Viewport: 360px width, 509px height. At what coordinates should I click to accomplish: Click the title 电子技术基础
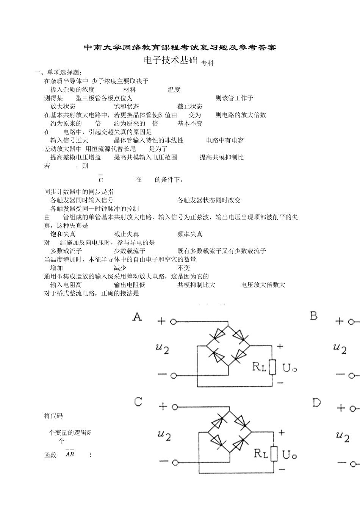point(171,61)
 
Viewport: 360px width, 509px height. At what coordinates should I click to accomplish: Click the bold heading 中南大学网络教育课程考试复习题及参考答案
point(180,48)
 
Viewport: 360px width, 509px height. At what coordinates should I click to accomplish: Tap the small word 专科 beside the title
point(207,64)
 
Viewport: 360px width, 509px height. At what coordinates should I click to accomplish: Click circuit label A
point(137,317)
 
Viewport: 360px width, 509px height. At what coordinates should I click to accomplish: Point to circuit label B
point(314,315)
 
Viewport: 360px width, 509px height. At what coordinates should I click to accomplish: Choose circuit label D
point(316,403)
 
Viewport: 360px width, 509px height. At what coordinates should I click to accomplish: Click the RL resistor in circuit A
point(272,367)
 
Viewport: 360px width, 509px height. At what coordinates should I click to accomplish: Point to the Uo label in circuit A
point(290,367)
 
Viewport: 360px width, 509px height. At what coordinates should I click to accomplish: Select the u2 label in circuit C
point(164,435)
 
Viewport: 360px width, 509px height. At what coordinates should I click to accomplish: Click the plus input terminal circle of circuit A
point(174,322)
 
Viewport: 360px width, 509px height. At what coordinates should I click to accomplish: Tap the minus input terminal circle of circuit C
point(175,463)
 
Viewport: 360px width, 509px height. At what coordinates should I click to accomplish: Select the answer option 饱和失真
point(63,234)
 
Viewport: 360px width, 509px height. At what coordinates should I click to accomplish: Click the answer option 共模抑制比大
point(196,285)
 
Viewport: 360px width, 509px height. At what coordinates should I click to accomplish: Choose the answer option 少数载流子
point(130,251)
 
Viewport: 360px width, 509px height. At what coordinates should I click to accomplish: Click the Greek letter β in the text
point(160,115)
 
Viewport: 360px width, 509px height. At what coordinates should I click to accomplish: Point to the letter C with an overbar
point(101,180)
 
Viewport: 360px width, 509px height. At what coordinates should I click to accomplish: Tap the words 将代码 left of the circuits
point(53,416)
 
